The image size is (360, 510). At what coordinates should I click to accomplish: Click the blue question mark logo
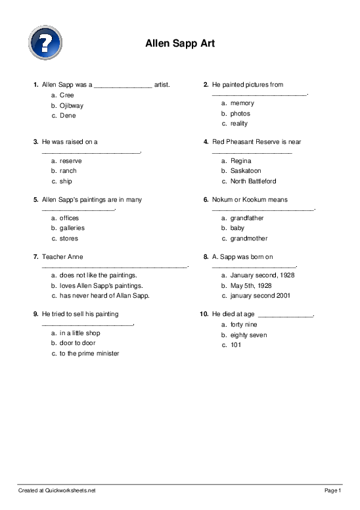(x=45, y=41)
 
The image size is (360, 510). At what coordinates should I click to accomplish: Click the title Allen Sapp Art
(x=179, y=43)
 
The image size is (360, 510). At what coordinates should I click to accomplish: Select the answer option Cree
(x=67, y=95)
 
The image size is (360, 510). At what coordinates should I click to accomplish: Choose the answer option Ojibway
(x=72, y=105)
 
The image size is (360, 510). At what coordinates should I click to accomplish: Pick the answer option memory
(x=242, y=103)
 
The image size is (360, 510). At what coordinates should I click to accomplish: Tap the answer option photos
(x=240, y=114)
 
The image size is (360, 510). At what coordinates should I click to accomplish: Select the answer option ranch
(x=68, y=171)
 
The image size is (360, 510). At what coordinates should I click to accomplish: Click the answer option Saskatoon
(x=245, y=171)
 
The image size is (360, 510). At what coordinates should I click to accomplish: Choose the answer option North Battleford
(x=253, y=181)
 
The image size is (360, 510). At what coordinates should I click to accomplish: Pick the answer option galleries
(x=72, y=228)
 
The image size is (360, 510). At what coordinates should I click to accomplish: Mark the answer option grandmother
(x=249, y=239)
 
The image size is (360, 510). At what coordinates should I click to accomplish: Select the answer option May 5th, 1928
(x=251, y=286)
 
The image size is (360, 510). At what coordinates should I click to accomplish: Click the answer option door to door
(x=78, y=343)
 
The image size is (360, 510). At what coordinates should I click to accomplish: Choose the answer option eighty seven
(x=248, y=335)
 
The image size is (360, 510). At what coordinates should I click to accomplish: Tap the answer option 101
(x=236, y=345)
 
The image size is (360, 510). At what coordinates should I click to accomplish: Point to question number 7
(x=35, y=256)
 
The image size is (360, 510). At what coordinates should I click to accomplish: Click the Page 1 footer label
(x=333, y=490)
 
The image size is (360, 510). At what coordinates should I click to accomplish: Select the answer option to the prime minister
(x=89, y=354)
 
